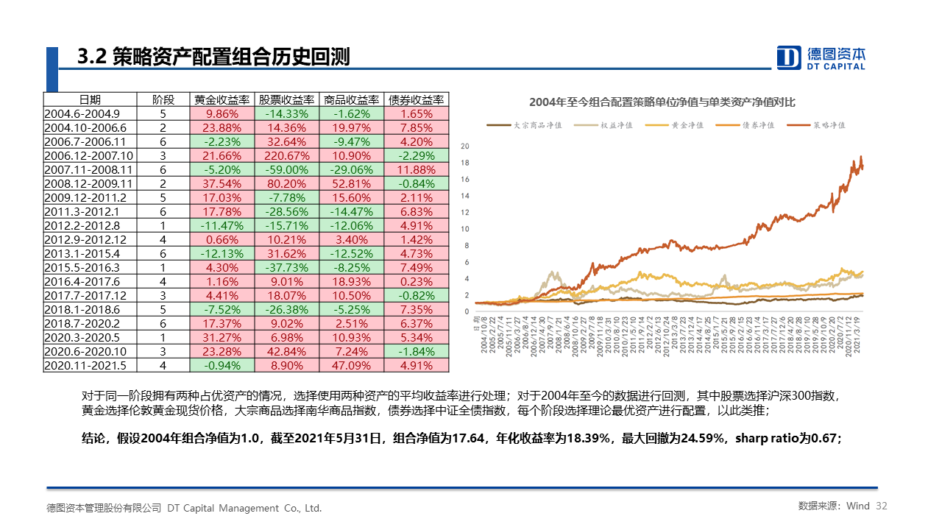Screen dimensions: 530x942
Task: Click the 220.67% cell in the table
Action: pos(287,155)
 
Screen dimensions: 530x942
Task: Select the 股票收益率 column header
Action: pos(287,99)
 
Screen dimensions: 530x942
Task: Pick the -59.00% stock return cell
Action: pos(287,169)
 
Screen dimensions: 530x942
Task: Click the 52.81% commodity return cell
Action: pos(352,183)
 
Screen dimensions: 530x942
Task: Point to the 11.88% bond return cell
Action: pos(417,169)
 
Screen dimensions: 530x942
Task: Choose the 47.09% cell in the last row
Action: pos(352,365)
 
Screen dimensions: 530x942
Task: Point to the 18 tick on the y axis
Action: pos(464,163)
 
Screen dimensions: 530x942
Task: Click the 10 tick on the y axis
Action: pos(464,229)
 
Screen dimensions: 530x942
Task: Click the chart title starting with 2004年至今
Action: pos(662,102)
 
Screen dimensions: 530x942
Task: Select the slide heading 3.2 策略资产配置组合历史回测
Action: pos(213,57)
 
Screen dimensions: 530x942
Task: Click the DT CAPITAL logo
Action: pos(821,57)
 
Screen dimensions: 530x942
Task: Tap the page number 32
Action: pos(882,506)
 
